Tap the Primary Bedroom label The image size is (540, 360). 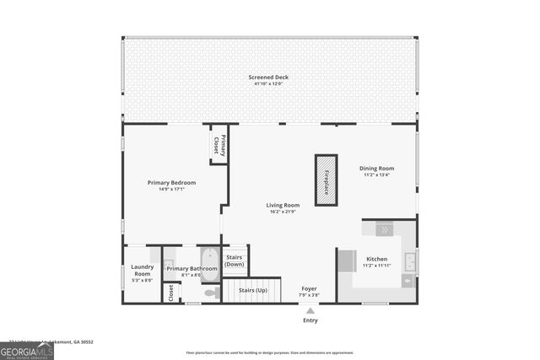[x=171, y=183]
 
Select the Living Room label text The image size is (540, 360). [x=283, y=205]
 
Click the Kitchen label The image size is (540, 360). [x=376, y=259]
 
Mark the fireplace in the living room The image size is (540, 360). [x=326, y=180]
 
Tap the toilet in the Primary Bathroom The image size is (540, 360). [x=212, y=293]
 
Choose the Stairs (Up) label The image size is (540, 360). [x=253, y=290]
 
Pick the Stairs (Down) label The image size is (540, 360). [x=235, y=261]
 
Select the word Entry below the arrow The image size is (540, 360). [x=310, y=320]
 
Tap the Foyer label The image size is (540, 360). [x=310, y=288]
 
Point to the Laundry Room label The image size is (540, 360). [x=143, y=271]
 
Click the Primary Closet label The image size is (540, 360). [x=219, y=143]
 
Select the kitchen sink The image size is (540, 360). [x=408, y=261]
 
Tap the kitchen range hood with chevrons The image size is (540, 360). [x=382, y=228]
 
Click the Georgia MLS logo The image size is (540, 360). [x=27, y=348]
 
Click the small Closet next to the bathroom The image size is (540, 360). [x=171, y=292]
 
